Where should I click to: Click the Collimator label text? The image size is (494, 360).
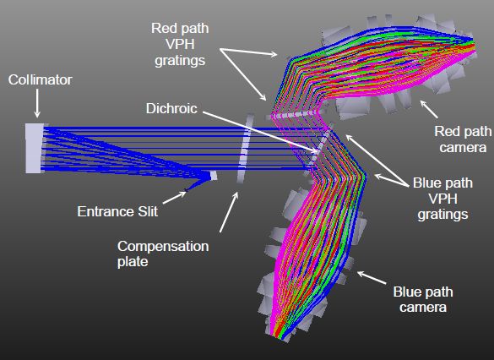[40, 79]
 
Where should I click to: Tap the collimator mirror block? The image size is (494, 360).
[34, 148]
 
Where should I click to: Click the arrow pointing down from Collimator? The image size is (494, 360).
[37, 103]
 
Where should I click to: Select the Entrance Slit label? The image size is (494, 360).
[117, 211]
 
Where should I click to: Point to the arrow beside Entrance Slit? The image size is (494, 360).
[175, 198]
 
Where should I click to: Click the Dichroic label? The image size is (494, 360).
[171, 108]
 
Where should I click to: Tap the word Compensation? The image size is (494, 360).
[163, 246]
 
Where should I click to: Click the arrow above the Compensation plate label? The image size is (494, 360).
[229, 212]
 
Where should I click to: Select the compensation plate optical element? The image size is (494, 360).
[245, 148]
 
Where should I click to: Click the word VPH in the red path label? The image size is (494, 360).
[180, 44]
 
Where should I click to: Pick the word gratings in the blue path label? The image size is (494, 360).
[442, 215]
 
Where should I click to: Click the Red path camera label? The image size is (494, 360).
[463, 139]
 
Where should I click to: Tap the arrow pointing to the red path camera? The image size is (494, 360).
[429, 109]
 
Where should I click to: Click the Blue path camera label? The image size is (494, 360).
[423, 299]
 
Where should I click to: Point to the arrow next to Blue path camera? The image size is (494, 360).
[372, 278]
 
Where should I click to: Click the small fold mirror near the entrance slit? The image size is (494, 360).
[214, 176]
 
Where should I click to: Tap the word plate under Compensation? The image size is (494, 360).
[133, 262]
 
